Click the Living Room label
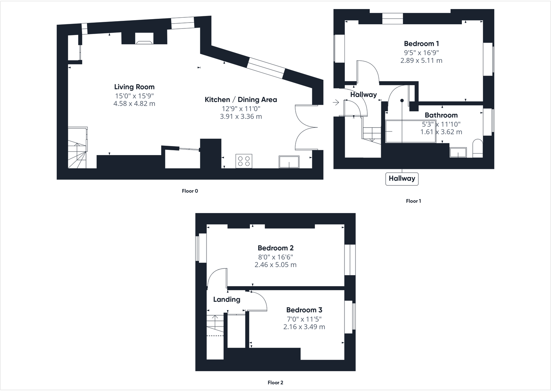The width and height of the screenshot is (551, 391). (x=134, y=87)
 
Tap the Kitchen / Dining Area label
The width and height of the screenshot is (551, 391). (x=241, y=100)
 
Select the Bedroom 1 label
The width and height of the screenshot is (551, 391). (x=421, y=44)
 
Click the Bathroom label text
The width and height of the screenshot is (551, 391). (x=441, y=115)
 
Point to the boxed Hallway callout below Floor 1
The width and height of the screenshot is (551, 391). (x=402, y=179)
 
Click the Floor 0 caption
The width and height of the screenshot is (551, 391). (x=190, y=191)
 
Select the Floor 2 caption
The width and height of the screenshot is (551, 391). (x=275, y=383)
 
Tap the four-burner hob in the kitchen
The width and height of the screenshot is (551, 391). (x=244, y=161)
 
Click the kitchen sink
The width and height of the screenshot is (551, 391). (x=289, y=162)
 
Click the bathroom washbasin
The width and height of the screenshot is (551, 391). (x=458, y=152)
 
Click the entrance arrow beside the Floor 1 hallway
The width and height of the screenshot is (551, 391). (x=335, y=102)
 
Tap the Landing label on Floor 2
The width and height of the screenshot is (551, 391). (x=227, y=299)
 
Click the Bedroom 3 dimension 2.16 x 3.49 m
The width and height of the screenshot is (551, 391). (x=304, y=327)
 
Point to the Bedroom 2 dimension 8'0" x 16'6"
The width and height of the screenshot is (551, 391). (x=275, y=257)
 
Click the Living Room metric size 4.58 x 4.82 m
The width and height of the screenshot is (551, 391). (x=134, y=103)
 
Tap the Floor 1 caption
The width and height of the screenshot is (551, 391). (x=413, y=201)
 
